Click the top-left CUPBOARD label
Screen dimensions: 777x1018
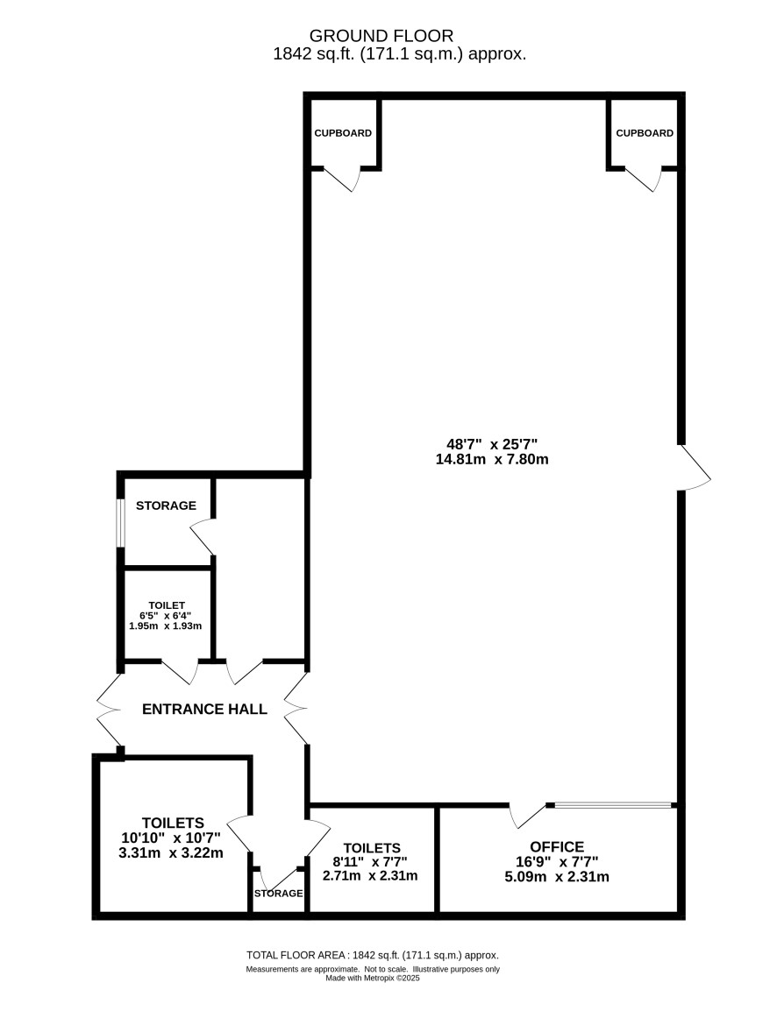coord(343,133)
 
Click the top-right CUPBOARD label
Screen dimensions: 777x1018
coord(645,133)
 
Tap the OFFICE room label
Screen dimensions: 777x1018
coord(557,846)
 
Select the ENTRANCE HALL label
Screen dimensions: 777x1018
coord(204,709)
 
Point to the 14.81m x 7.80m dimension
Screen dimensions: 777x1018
coord(492,460)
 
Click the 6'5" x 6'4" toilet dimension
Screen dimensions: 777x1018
coord(166,616)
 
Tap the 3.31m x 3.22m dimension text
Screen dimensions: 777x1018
coord(171,853)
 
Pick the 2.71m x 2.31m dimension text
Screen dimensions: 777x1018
coord(370,875)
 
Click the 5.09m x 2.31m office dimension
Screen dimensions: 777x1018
coord(557,877)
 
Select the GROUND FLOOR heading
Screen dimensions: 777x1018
coord(381,35)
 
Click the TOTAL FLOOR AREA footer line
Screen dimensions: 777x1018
coord(373,955)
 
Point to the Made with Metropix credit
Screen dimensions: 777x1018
coord(373,978)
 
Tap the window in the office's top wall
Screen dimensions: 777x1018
coord(613,806)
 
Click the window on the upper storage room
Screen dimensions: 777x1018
coord(119,523)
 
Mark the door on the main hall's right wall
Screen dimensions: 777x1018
coord(694,468)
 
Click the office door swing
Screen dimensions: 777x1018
coord(528,817)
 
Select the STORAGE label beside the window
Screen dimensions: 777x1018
coord(166,505)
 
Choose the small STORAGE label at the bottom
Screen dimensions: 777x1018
coord(278,894)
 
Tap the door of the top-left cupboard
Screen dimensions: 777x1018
coord(342,180)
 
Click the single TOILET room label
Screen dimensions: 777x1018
coord(167,605)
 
